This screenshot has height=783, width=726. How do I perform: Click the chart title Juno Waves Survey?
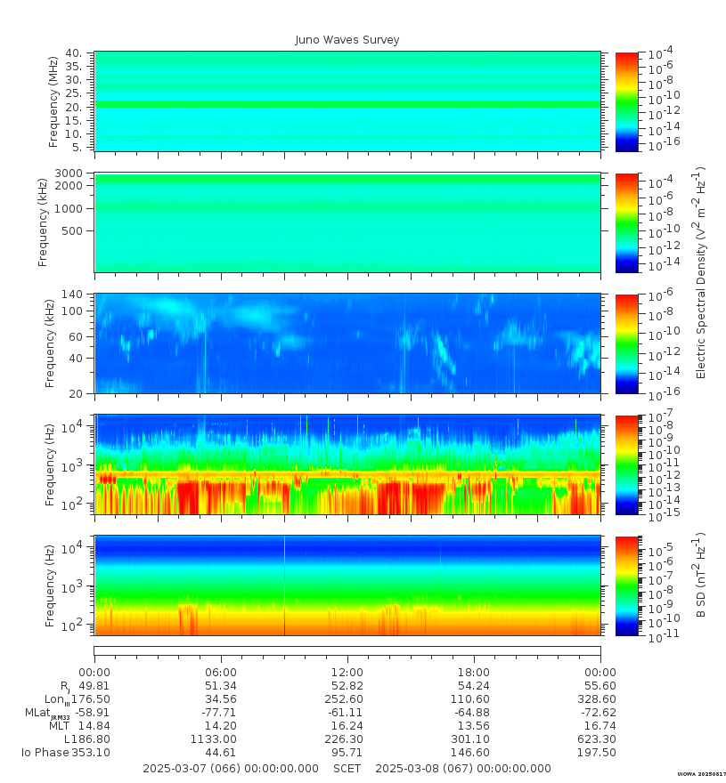pos(347,40)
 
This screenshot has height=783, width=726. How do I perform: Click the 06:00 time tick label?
pos(221,673)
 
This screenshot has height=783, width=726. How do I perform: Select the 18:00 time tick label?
pos(473,673)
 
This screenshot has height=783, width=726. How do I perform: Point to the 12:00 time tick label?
pos(347,673)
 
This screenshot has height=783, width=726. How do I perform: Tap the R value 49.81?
pos(94,686)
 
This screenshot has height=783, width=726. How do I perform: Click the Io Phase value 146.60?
pos(473,753)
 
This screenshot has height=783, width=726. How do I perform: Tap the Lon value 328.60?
pos(600,699)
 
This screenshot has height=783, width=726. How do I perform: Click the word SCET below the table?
pos(347,769)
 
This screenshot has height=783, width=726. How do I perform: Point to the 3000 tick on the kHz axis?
pos(70,173)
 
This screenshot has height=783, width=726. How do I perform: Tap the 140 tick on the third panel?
pos(72,295)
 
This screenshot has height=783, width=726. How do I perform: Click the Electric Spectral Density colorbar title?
pos(700,272)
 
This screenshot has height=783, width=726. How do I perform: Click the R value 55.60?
pos(600,686)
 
